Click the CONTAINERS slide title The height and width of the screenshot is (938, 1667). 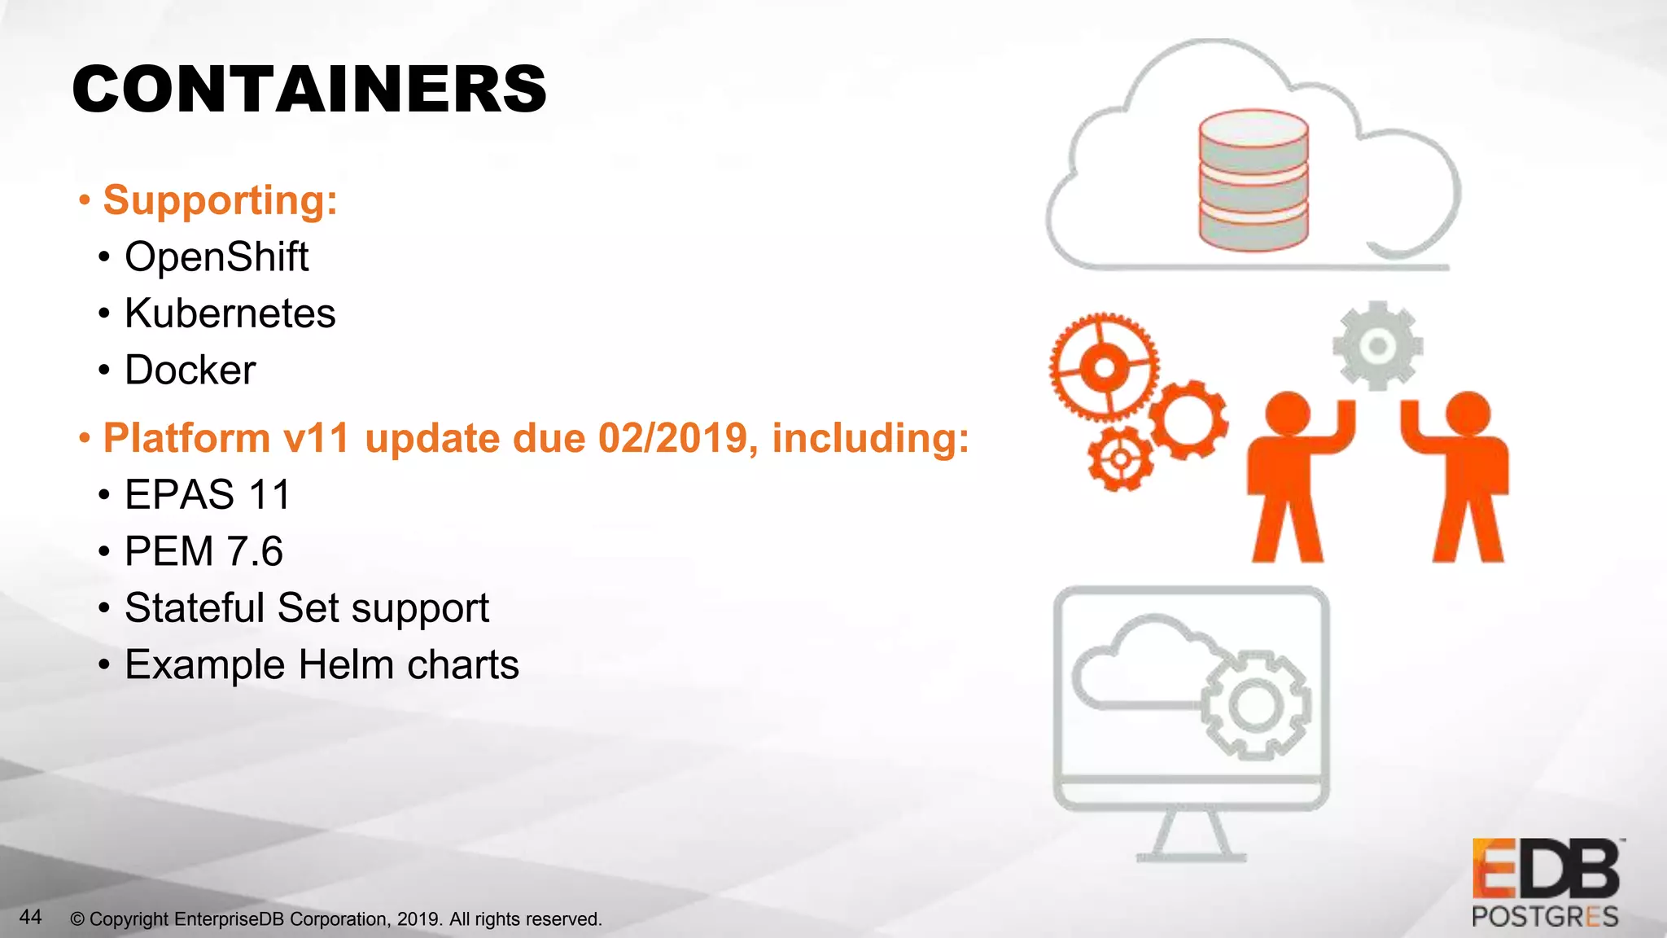coord(309,90)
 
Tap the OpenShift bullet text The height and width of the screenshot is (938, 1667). coord(217,257)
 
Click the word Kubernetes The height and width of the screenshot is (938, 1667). coord(230,313)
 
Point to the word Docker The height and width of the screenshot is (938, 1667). coord(190,370)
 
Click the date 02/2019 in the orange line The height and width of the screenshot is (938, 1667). coord(672,438)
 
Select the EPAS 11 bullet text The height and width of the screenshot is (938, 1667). coord(208,495)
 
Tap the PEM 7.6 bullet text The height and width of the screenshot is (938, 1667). coord(203,551)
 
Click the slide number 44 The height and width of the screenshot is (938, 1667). coord(30,917)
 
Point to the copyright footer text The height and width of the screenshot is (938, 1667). coord(335,919)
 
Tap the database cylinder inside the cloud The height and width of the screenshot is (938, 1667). coord(1254,181)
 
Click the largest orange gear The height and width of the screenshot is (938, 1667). coord(1104,367)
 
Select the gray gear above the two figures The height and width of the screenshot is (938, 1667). coord(1377,346)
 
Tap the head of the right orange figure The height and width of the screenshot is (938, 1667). coord(1468,412)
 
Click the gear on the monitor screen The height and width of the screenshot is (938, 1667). coord(1255,704)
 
